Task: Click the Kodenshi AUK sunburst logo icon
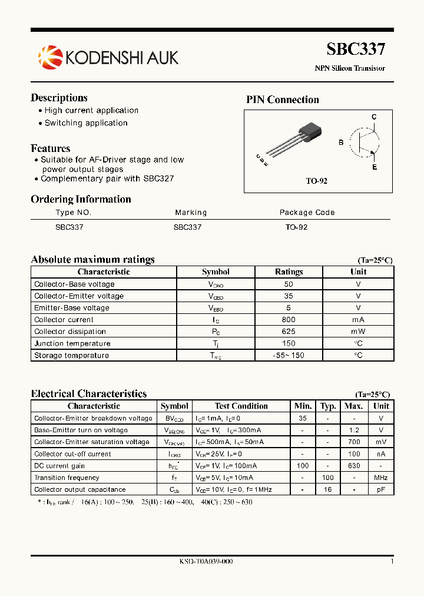pyautogui.click(x=49, y=57)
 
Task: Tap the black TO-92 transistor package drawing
pyautogui.click(x=309, y=133)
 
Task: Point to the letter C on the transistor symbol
pyautogui.click(x=373, y=117)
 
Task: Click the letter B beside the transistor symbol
pyautogui.click(x=341, y=143)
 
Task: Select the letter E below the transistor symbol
pyautogui.click(x=374, y=168)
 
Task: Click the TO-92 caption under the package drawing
pyautogui.click(x=316, y=181)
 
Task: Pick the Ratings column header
pyautogui.click(x=289, y=272)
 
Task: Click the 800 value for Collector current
pyautogui.click(x=289, y=320)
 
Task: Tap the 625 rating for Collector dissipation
pyautogui.click(x=289, y=332)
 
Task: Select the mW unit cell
pyautogui.click(x=358, y=332)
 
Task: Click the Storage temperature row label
pyautogui.click(x=71, y=356)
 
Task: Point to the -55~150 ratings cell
pyautogui.click(x=289, y=356)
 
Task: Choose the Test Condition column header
pyautogui.click(x=241, y=406)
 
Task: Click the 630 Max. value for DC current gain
pyautogui.click(x=353, y=466)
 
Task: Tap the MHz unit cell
pyautogui.click(x=381, y=478)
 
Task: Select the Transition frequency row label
pyautogui.click(x=67, y=478)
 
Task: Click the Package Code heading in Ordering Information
pyautogui.click(x=307, y=213)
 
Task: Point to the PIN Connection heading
pyautogui.click(x=282, y=100)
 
